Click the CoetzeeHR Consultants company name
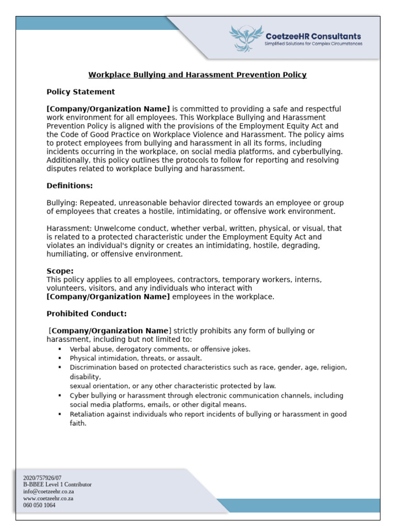pos(312,36)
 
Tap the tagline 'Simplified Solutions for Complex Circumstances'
pos(313,44)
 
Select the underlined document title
pos(197,75)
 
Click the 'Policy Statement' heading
pos(81,92)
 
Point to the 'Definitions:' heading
pos(70,186)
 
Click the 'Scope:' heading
pos(60,271)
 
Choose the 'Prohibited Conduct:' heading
pos(86,313)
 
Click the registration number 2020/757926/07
pos(42,478)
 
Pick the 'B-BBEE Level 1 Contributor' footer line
pos(57,485)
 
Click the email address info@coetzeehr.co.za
pos(48,491)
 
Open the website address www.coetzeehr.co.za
pos(48,499)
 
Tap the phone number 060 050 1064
pos(39,505)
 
